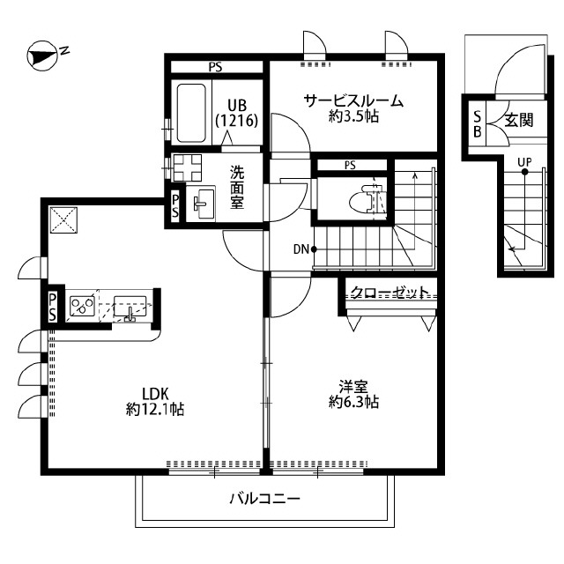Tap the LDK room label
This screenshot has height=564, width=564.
click(154, 393)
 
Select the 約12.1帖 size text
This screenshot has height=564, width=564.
click(154, 409)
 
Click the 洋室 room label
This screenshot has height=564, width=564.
click(353, 386)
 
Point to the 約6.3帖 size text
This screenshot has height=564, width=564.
click(353, 402)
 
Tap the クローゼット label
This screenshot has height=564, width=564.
click(390, 293)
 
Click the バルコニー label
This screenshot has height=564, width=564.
click(265, 499)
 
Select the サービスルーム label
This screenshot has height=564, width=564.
click(353, 100)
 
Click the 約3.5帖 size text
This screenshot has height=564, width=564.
click(353, 116)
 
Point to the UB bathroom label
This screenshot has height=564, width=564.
click(236, 105)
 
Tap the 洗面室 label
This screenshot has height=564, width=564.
click(237, 188)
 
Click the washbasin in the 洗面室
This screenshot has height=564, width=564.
click(204, 203)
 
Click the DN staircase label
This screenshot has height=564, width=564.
click(300, 249)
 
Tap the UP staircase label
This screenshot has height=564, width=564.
click(524, 161)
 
